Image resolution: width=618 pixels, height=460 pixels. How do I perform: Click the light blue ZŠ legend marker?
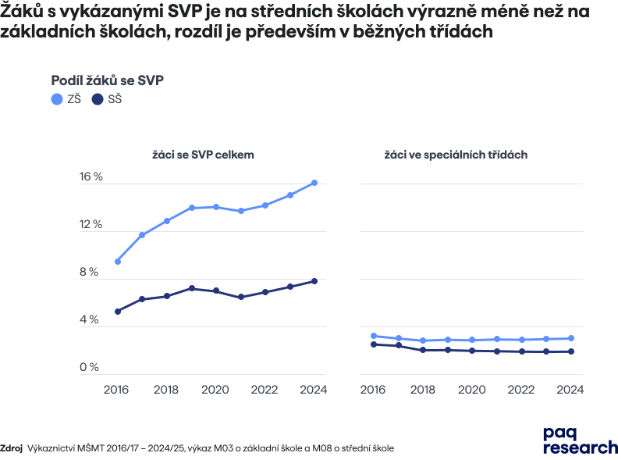56,99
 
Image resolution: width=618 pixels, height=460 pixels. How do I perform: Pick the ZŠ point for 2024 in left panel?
314,183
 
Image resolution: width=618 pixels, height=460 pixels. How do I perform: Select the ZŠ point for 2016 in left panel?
118,262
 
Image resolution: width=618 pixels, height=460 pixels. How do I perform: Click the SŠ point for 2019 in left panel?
192,288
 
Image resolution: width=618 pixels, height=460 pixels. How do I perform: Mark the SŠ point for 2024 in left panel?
314,281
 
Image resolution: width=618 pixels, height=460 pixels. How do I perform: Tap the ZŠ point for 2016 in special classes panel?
374,336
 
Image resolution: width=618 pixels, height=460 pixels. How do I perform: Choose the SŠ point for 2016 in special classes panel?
374,344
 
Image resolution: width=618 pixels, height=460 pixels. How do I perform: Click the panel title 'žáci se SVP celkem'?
203,155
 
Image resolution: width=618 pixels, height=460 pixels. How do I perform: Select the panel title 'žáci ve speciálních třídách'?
456,155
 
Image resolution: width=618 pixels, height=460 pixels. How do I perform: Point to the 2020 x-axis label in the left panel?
215,389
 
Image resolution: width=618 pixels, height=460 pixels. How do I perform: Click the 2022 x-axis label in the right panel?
521,389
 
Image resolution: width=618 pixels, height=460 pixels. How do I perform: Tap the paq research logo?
579,439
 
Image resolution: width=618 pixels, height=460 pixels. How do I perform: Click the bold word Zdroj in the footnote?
12,448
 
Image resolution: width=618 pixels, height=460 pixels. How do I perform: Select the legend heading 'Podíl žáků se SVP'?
107,80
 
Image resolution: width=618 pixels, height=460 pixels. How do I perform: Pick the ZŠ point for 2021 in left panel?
241,211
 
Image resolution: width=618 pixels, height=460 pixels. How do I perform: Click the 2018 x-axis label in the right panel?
423,389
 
